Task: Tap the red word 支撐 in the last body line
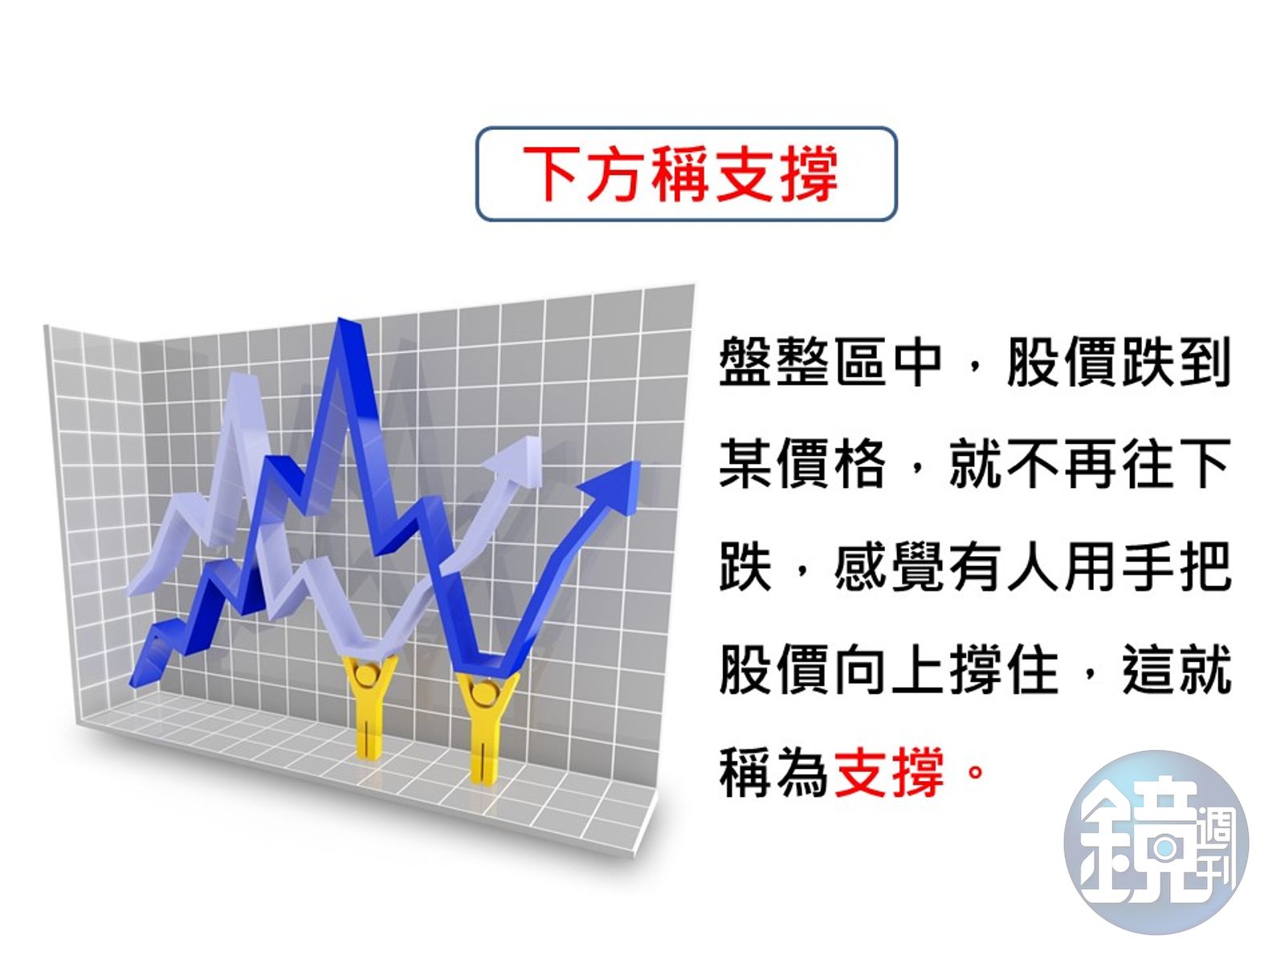[x=889, y=772]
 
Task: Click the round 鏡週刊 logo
[x=1156, y=843]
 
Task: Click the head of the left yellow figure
[x=368, y=674]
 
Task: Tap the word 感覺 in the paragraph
[x=889, y=567]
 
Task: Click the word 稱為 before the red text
[x=773, y=772]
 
